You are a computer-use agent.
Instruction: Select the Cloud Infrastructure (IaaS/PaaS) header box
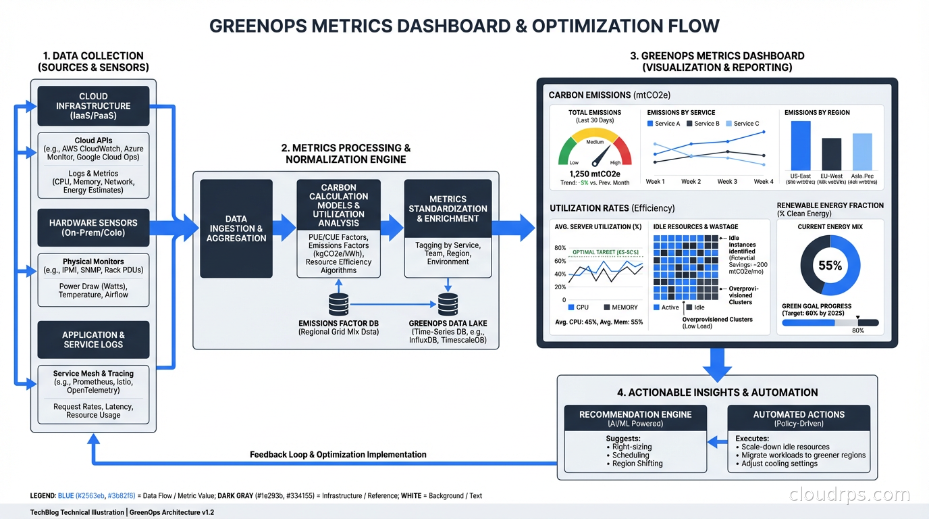pos(94,106)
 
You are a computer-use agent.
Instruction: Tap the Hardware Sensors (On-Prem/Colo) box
pos(94,228)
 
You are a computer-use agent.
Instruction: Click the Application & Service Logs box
pos(94,339)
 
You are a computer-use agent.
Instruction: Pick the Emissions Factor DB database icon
pos(338,304)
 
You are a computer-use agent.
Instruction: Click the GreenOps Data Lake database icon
pos(448,304)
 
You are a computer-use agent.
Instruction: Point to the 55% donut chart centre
pos(830,266)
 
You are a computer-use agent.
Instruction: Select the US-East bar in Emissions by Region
pos(800,145)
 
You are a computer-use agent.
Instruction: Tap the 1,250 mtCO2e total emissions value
pos(595,174)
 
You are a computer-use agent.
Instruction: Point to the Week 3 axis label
pos(727,182)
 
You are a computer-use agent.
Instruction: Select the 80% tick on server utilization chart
pos(560,249)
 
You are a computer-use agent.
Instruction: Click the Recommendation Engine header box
pos(636,418)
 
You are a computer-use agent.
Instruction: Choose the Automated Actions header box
pos(799,418)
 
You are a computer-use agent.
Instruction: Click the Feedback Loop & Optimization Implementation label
pos(338,455)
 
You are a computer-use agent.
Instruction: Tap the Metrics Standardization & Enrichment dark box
pos(448,209)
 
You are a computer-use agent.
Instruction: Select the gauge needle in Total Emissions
pos(598,157)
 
